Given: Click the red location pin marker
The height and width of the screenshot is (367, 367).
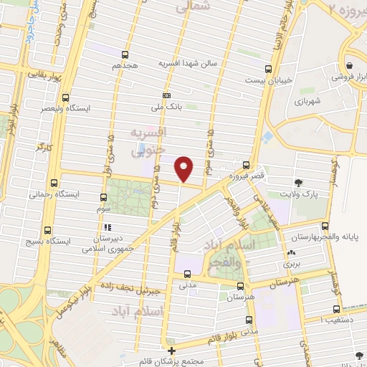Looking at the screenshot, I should tap(184, 168).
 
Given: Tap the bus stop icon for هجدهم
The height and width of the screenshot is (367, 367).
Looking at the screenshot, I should tap(125, 54).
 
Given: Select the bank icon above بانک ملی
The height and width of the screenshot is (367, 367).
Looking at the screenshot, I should tap(167, 95).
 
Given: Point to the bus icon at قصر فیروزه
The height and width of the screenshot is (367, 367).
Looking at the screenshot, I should tap(247, 165).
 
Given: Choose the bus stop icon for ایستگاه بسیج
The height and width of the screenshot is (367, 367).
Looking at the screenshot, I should tap(48, 230).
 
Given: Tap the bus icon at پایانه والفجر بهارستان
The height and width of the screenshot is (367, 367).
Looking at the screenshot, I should tap(327, 225).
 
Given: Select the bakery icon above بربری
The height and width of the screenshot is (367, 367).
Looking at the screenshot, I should tap(290, 253).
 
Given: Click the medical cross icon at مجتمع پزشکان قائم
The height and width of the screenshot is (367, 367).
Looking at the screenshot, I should tap(171, 351).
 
